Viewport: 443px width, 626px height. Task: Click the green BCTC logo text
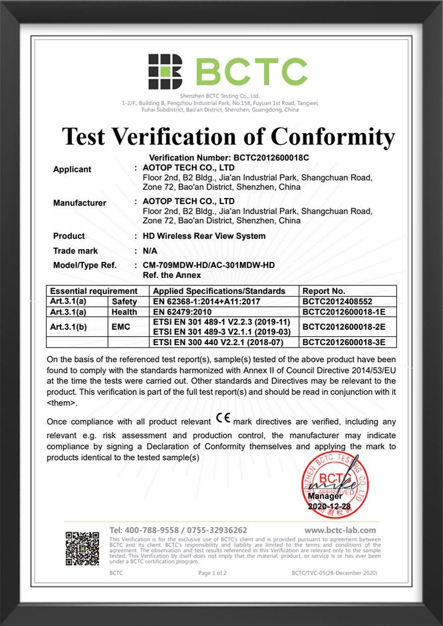(x=251, y=72)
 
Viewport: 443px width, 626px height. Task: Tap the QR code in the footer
(x=82, y=548)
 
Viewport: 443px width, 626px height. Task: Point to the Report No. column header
(x=323, y=291)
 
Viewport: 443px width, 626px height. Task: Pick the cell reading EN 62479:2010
(x=182, y=312)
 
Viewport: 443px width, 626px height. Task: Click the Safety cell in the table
(x=124, y=301)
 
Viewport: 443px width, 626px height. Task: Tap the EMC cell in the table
(x=120, y=327)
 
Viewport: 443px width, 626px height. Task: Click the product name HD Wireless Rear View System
(x=204, y=236)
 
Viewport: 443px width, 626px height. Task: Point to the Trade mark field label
(x=76, y=251)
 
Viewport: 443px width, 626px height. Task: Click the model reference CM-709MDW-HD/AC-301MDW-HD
(x=209, y=266)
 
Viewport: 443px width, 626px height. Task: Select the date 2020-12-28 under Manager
(x=329, y=506)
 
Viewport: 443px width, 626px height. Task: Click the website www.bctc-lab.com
(x=340, y=530)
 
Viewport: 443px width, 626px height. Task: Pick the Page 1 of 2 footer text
(x=212, y=573)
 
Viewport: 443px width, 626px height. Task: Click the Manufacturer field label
(x=80, y=203)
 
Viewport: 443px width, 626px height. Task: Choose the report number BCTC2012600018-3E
(x=344, y=343)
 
